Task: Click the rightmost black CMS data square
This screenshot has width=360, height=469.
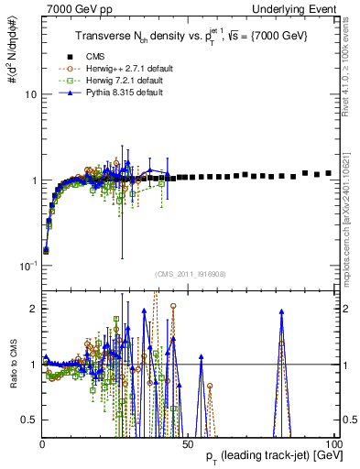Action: click(329, 172)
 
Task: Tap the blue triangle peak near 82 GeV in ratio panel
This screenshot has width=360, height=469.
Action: click(282, 311)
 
